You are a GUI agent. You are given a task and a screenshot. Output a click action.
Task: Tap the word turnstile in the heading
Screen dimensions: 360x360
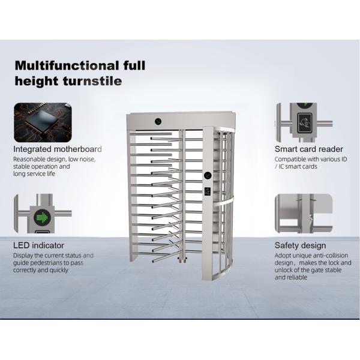pos(91,80)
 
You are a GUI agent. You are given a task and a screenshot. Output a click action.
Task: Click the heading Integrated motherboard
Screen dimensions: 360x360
pos(58,149)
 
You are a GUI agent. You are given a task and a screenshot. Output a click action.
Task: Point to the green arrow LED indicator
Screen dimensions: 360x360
pos(43,216)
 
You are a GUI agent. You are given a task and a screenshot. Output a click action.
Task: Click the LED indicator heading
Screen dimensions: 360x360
pos(39,245)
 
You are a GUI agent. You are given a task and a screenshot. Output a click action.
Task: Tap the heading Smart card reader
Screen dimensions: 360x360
pos(308,149)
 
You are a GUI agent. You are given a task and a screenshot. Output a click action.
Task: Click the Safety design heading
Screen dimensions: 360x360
pos(300,245)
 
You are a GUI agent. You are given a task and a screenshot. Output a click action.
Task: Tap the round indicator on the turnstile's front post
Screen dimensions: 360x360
pos(208,175)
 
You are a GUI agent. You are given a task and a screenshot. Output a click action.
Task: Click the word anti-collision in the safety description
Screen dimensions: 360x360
pos(329,256)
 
